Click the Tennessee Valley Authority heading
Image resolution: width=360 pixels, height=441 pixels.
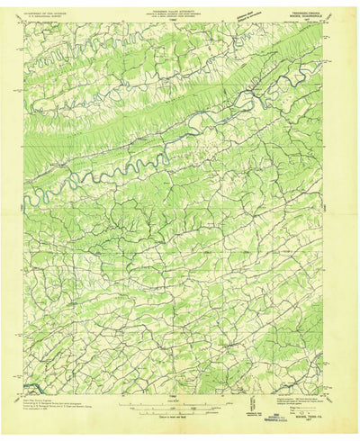click(180, 9)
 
